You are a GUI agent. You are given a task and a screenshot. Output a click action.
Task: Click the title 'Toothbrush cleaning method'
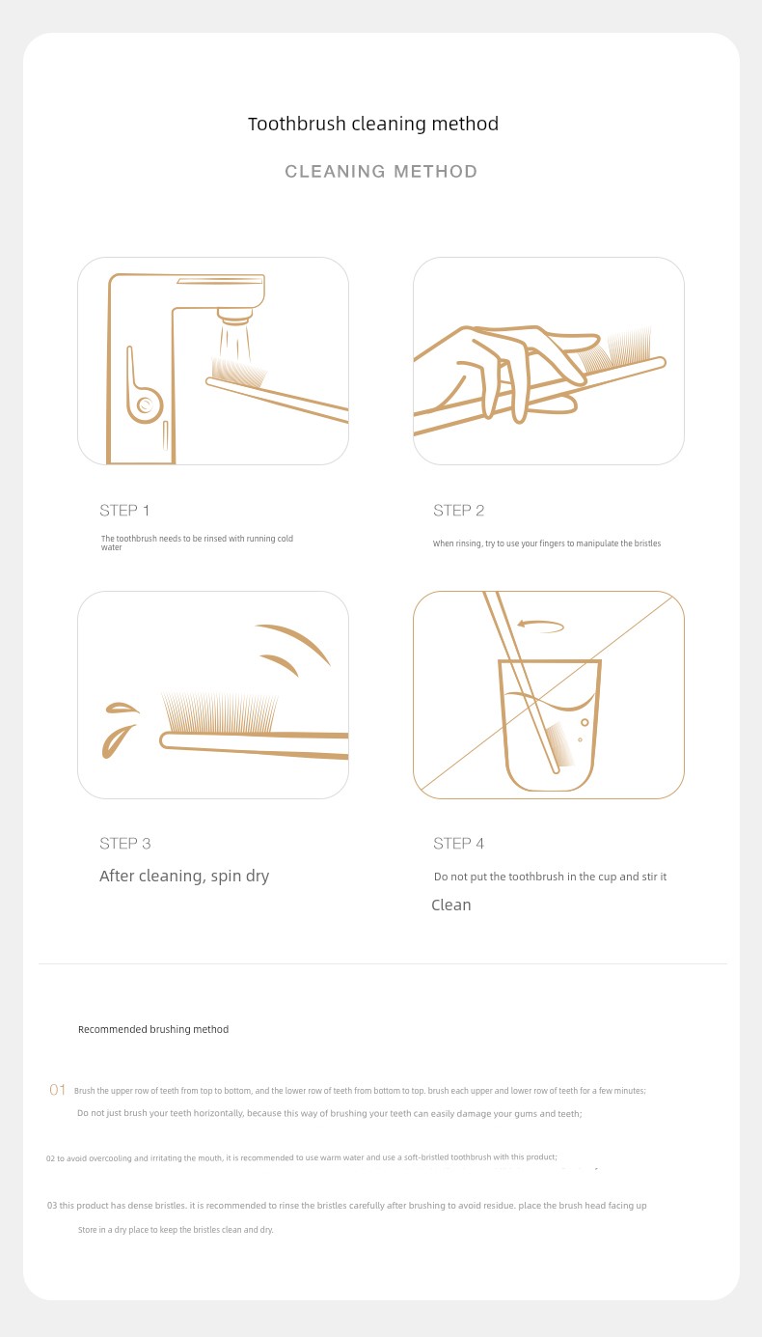coord(373,125)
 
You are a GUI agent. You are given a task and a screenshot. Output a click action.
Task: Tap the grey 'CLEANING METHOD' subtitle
coord(381,171)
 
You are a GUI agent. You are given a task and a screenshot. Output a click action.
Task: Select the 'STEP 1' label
coord(124,511)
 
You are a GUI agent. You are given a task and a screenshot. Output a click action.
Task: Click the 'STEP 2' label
coord(458,511)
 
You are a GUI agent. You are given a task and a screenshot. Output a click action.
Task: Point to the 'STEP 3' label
coord(125,844)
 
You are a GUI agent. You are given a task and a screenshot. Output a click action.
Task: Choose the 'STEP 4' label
coord(458,844)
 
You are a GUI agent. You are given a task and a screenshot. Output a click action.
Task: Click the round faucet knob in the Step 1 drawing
coord(145,405)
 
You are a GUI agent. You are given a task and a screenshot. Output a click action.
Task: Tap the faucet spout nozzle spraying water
coord(234,316)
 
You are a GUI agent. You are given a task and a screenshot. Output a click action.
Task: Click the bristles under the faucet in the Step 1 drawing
coord(238,372)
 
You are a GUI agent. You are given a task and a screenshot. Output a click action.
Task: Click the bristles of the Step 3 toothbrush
coord(220,712)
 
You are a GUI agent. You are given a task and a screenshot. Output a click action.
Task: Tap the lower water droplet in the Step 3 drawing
coord(117,741)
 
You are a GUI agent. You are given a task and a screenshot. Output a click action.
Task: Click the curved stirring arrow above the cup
coord(540,627)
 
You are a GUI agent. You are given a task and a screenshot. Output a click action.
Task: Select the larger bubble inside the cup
coord(585,722)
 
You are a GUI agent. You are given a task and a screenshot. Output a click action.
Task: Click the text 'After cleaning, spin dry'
coord(184,877)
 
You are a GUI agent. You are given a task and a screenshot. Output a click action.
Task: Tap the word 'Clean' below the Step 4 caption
coord(451,905)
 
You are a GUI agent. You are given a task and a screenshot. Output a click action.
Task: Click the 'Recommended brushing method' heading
coord(153,1029)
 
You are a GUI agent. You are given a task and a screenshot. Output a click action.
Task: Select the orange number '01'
coord(57,1090)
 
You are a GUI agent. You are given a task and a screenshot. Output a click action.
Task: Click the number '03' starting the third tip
coord(52,1205)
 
